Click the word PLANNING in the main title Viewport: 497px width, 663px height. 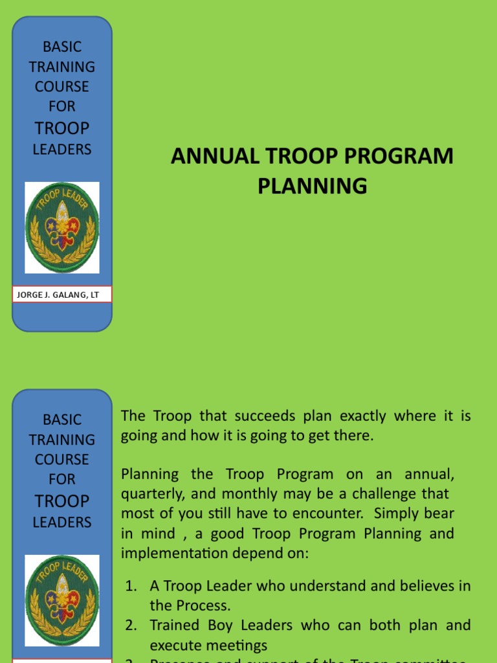tap(312, 186)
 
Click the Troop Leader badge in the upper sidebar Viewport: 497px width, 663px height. tap(62, 227)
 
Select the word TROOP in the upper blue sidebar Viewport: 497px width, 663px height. tap(62, 128)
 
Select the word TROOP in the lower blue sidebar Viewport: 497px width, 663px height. tap(62, 500)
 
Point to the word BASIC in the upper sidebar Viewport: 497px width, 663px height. tap(62, 47)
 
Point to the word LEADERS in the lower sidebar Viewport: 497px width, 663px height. tap(62, 522)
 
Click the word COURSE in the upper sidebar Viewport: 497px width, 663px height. tap(62, 86)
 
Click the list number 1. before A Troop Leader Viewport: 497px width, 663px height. tap(131, 586)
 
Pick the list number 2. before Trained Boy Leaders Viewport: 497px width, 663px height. tap(131, 625)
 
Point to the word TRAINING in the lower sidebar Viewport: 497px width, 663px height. tap(62, 440)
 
